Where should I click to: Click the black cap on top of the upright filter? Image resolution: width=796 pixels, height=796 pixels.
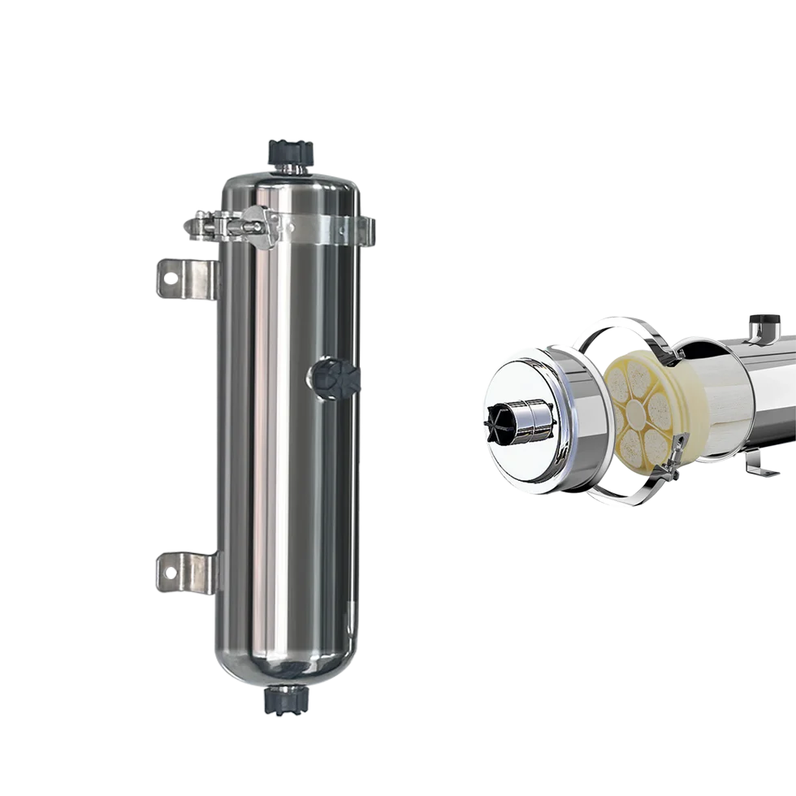(291, 152)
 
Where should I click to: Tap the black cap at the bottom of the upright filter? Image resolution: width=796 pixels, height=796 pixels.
(286, 701)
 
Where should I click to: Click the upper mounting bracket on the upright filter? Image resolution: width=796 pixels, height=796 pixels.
(184, 279)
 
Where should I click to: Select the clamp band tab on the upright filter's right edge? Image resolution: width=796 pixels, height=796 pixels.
(368, 231)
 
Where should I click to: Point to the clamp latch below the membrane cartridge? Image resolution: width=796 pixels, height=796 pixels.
(668, 468)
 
